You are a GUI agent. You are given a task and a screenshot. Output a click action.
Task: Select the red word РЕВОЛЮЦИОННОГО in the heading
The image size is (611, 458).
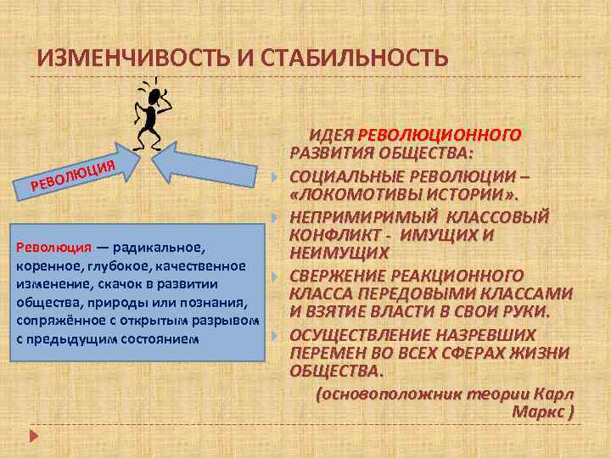[x=440, y=135]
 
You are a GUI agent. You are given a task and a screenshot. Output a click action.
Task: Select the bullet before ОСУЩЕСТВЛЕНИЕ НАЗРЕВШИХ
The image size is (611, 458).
[x=276, y=335]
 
